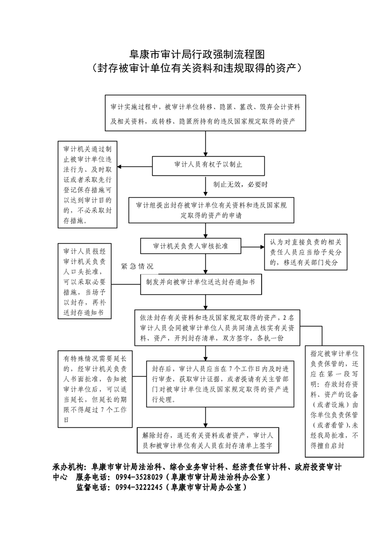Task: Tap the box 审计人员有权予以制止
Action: point(208,165)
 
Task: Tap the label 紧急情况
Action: point(137,267)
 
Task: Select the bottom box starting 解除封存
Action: point(208,440)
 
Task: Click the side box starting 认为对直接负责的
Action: point(305,252)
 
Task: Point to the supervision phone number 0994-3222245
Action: point(139,488)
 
